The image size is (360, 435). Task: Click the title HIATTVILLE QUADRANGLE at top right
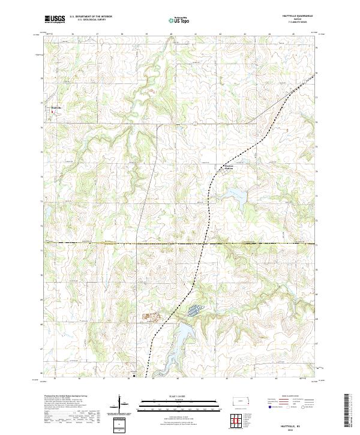304,16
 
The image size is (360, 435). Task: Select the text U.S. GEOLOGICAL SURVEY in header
91,20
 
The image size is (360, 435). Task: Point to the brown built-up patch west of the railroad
148,316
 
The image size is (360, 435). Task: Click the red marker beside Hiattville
51,111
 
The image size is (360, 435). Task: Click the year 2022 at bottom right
303,427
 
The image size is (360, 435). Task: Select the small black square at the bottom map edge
134,376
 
